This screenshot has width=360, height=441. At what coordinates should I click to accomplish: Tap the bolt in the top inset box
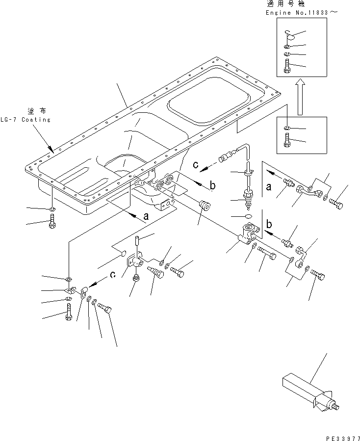click(x=287, y=66)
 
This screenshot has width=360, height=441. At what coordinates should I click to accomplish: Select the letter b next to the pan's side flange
click(x=213, y=185)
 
